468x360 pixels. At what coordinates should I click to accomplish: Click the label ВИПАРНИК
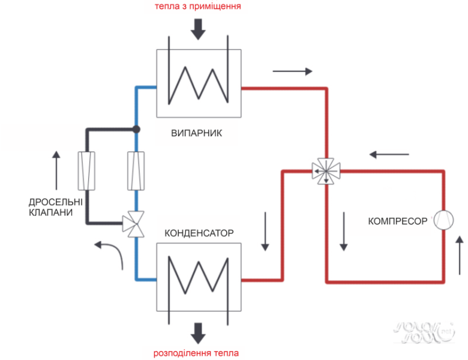click(197, 133)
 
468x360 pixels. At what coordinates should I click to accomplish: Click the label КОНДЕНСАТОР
click(199, 232)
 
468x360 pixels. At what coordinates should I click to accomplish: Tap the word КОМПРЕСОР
click(397, 221)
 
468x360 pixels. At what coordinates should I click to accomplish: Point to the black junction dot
click(136, 129)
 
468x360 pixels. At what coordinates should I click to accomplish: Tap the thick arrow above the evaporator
click(199, 27)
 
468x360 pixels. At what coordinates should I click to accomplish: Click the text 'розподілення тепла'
click(199, 352)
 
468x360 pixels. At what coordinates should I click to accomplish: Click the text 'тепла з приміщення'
click(198, 7)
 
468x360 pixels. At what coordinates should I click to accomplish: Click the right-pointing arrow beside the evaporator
click(292, 71)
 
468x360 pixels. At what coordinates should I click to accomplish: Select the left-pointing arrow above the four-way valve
click(389, 154)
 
